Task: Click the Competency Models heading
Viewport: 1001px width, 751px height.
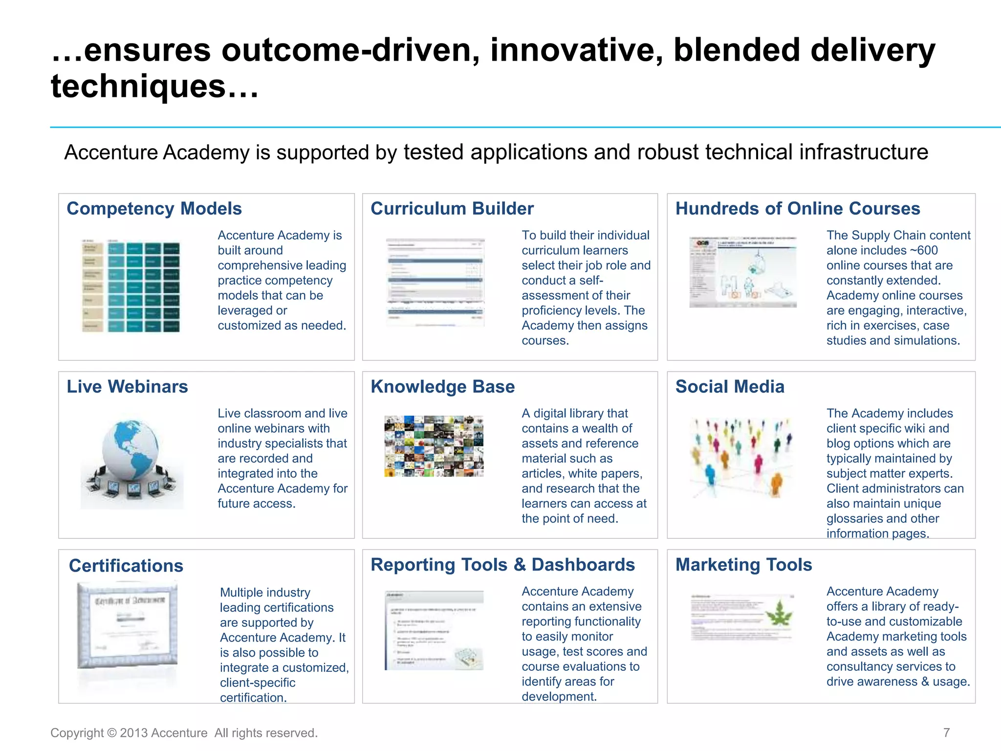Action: pyautogui.click(x=154, y=209)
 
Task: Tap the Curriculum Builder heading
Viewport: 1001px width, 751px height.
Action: pyautogui.click(x=452, y=209)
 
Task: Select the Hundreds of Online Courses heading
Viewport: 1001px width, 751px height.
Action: pyautogui.click(x=798, y=209)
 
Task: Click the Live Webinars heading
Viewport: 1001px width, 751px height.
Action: pyautogui.click(x=127, y=387)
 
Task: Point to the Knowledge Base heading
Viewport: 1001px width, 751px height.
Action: pyautogui.click(x=442, y=387)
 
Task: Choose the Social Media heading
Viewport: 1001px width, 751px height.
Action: pyautogui.click(x=730, y=387)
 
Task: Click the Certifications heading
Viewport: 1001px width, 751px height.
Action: pyautogui.click(x=126, y=566)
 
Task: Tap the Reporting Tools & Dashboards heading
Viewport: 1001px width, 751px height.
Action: pyautogui.click(x=502, y=565)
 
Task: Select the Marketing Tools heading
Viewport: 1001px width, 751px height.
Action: pyautogui.click(x=743, y=565)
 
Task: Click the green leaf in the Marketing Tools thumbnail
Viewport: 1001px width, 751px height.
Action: pyautogui.click(x=779, y=614)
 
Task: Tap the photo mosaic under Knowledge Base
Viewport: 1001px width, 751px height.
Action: pyautogui.click(x=434, y=446)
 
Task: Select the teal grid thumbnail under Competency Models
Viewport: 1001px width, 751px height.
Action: pyautogui.click(x=131, y=287)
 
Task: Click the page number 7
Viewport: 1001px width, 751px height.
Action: pyautogui.click(x=946, y=732)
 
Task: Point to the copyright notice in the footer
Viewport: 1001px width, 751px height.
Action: pyautogui.click(x=184, y=733)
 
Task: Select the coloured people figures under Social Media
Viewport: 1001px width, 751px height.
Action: pyautogui.click(x=741, y=457)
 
